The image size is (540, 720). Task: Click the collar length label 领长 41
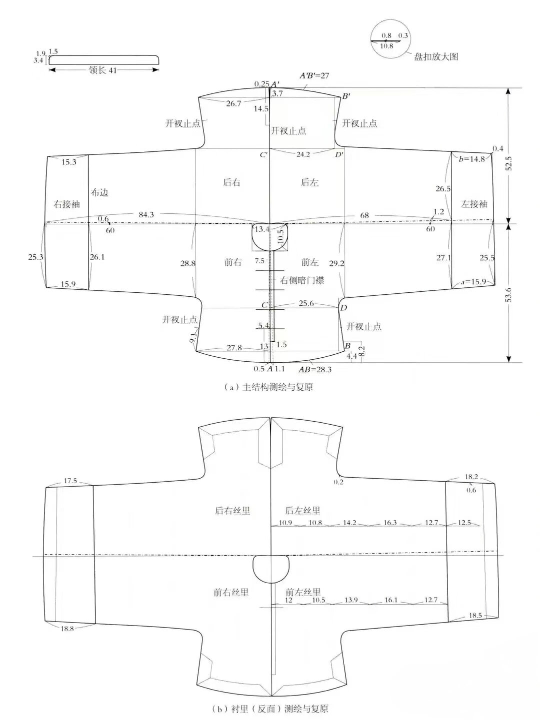click(102, 70)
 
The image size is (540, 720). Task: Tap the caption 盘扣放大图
click(436, 57)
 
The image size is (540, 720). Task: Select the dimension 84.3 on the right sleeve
click(146, 215)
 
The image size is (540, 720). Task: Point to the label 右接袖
click(66, 204)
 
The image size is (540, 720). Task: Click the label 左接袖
click(474, 204)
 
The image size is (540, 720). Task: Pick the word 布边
click(100, 192)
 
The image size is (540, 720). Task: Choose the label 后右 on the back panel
click(231, 182)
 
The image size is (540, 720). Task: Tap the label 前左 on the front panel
click(309, 262)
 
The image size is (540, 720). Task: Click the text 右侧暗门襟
click(302, 280)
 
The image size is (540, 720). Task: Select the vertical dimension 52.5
click(509, 163)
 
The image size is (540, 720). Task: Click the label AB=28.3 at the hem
click(315, 369)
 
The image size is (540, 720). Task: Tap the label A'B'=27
click(314, 75)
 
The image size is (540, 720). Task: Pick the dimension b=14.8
click(471, 159)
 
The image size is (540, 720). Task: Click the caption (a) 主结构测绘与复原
click(268, 387)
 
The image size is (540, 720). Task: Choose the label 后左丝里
click(302, 511)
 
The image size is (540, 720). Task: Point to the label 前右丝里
click(231, 592)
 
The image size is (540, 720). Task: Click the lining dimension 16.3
click(390, 523)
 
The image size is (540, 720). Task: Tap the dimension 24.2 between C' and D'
click(303, 154)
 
